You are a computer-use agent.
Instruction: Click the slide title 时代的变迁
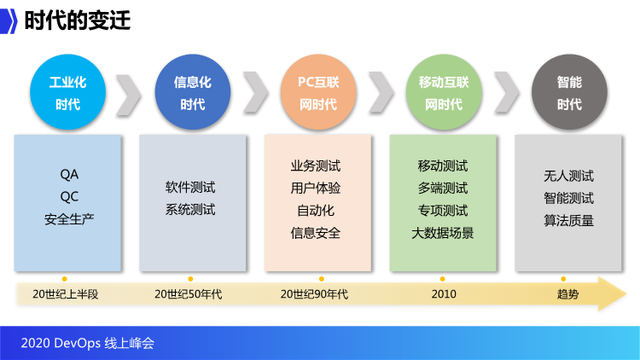click(x=78, y=20)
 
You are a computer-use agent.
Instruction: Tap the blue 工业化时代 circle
click(x=67, y=92)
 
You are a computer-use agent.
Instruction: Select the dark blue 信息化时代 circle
click(x=193, y=92)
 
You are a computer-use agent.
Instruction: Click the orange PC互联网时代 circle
click(x=318, y=92)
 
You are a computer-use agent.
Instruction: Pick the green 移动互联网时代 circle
click(x=444, y=92)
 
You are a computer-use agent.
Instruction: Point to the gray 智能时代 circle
click(x=569, y=92)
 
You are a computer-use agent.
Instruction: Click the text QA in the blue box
click(x=69, y=175)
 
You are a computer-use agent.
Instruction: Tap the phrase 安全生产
click(x=69, y=219)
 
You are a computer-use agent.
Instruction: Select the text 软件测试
click(x=190, y=188)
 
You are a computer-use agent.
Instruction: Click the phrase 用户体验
click(x=316, y=189)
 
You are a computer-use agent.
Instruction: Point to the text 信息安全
click(x=316, y=233)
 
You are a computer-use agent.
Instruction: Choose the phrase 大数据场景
click(x=443, y=233)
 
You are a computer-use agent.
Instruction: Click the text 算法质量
click(x=568, y=221)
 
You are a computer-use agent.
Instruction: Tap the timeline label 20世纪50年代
click(x=189, y=294)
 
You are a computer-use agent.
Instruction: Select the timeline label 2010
click(x=444, y=294)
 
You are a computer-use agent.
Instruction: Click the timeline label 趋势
click(x=567, y=294)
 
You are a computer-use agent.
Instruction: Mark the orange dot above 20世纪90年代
click(x=322, y=279)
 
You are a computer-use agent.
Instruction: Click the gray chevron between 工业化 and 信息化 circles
click(x=128, y=95)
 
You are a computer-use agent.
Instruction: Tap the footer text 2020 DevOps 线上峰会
click(x=87, y=343)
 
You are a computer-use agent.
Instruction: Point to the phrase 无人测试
click(x=568, y=176)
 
